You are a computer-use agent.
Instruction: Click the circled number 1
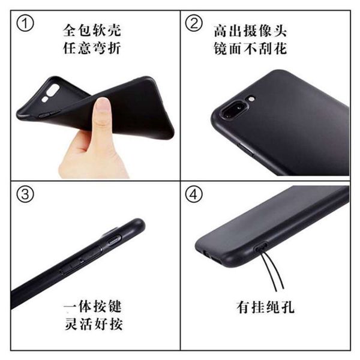click(25, 23)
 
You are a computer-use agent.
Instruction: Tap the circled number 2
click(194, 23)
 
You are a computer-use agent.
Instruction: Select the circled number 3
click(25, 194)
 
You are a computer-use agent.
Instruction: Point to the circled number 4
click(194, 194)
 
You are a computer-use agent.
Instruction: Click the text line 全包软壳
click(92, 31)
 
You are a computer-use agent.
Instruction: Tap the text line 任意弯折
click(92, 48)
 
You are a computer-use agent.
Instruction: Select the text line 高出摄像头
click(250, 31)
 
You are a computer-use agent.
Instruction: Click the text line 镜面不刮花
click(250, 49)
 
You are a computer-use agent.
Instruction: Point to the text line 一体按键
click(92, 306)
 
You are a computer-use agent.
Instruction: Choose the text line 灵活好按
click(93, 324)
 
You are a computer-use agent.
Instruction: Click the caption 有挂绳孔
click(265, 307)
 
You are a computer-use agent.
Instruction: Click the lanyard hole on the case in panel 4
click(261, 247)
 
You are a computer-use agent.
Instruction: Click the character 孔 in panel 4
click(287, 307)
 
